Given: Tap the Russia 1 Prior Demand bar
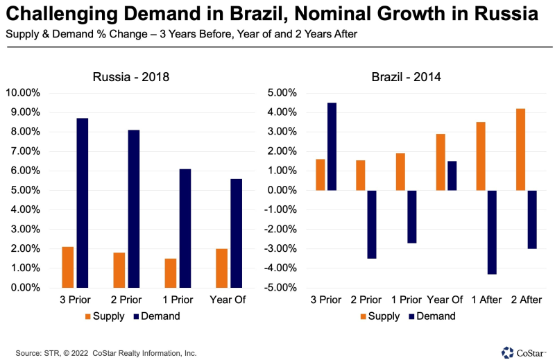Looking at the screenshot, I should pyautogui.click(x=185, y=228).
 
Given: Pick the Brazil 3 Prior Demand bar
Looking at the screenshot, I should pyautogui.click(x=332, y=146).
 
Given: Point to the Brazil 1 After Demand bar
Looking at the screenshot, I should pyautogui.click(x=491, y=232).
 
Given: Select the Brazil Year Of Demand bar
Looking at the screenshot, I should pyautogui.click(x=451, y=175).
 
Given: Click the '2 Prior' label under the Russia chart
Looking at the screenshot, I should pyautogui.click(x=126, y=300).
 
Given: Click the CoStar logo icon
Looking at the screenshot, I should pyautogui.click(x=508, y=352).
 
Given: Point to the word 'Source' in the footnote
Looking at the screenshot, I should pyautogui.click(x=28, y=352).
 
